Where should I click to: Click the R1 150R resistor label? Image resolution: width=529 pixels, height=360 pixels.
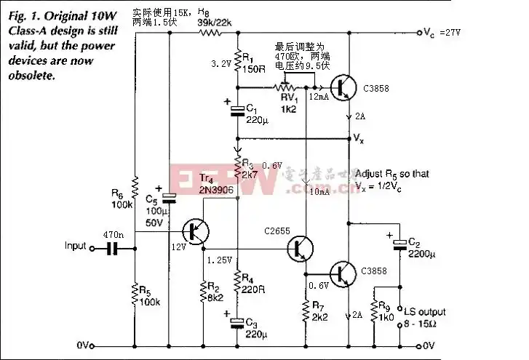click(x=253, y=63)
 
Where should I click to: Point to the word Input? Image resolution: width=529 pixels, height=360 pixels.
click(x=76, y=246)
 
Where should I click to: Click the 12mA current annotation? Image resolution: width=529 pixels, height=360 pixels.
click(x=317, y=97)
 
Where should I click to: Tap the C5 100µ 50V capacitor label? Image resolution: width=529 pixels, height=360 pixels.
click(x=153, y=208)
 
